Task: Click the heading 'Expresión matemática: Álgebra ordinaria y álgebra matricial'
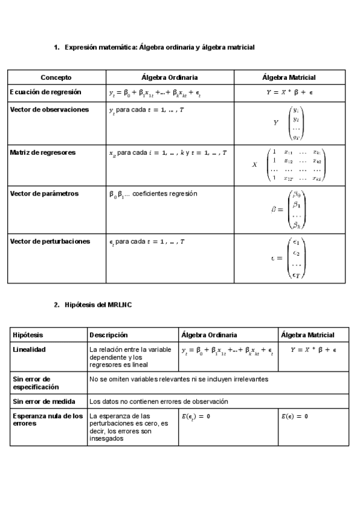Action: click(159, 47)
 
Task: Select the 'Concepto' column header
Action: click(56, 77)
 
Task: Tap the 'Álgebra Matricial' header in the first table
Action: click(289, 77)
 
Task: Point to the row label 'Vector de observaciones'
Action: click(49, 110)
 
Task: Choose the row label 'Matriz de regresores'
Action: click(43, 152)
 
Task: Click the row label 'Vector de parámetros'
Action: click(44, 194)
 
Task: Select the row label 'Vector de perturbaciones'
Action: click(50, 241)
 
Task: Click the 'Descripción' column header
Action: click(109, 335)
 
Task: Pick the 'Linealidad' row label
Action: click(29, 349)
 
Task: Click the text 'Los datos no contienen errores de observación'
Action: click(158, 401)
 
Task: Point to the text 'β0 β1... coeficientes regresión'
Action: click(153, 194)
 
